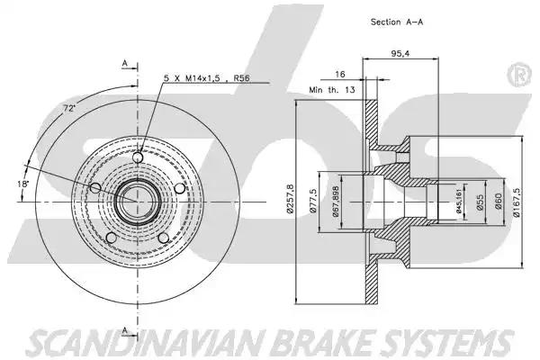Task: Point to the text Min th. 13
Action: pos(332,91)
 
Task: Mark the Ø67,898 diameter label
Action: pos(335,199)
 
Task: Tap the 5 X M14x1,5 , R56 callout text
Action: pos(207,79)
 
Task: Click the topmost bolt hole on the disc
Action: pos(138,159)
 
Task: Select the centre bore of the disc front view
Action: pos(138,199)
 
